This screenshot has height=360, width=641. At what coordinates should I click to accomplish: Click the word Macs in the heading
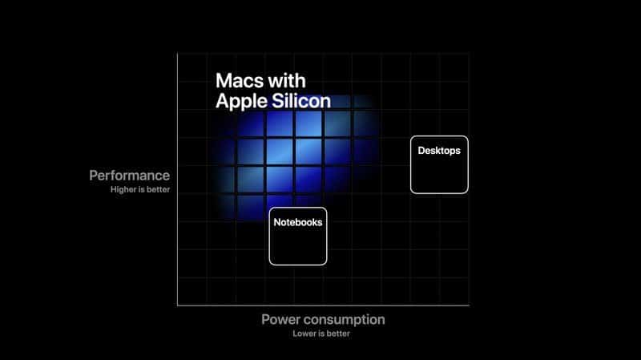coord(242,82)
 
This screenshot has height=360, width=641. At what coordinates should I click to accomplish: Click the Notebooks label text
coord(297,222)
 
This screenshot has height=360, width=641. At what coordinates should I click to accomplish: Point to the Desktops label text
coord(439,150)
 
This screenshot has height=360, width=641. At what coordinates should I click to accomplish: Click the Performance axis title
coord(130,175)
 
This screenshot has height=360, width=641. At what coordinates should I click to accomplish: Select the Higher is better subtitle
coord(140,190)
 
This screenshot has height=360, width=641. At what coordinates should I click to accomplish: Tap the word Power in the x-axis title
coord(280,319)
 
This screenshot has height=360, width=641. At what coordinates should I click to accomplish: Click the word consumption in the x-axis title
coord(345,319)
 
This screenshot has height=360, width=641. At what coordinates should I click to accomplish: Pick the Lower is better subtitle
coord(322,334)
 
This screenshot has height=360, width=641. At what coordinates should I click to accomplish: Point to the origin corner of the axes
coord(177,305)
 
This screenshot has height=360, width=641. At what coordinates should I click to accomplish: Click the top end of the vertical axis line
coord(177,54)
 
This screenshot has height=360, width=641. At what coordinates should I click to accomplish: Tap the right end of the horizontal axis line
coord(469,305)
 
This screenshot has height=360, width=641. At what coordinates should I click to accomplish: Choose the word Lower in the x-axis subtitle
coord(304,334)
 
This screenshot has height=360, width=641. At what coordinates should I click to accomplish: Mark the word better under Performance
coord(158,190)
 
